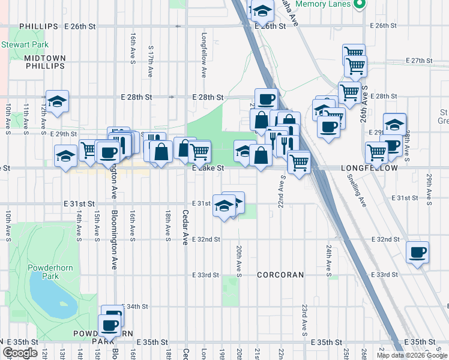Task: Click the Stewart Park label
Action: pos(20,44)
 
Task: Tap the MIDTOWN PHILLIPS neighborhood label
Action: pos(44,62)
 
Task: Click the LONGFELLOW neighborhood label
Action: pos(369,169)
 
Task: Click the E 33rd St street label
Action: pos(206,275)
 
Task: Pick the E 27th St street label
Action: pos(419,61)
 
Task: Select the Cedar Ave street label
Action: pos(185,227)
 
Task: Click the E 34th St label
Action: pos(134,307)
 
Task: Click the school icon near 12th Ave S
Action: pos(57,103)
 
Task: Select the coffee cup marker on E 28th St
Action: pos(266,98)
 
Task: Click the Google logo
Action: pos(20,353)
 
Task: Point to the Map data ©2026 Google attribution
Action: pos(412,355)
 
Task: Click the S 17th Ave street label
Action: pos(149,63)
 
